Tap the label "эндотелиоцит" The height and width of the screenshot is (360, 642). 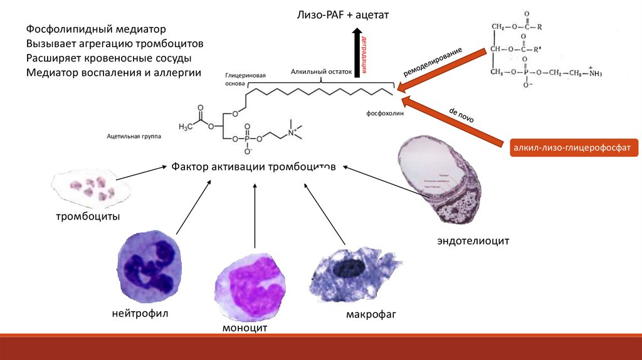473,241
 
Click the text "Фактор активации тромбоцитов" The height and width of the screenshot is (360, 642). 254,167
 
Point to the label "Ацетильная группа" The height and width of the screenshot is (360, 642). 134,135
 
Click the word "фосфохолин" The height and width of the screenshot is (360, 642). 386,114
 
